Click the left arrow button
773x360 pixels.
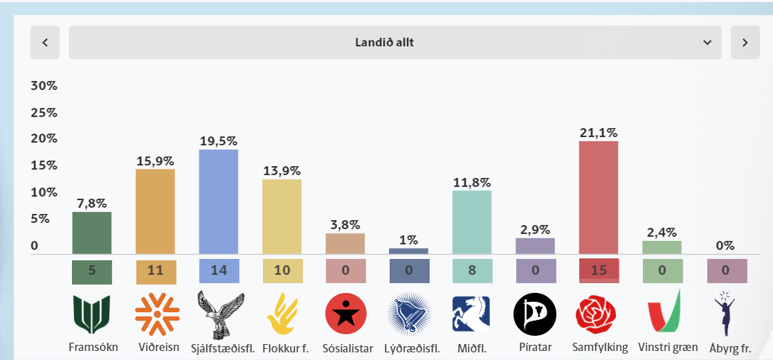point(45,42)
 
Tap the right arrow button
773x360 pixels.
point(745,42)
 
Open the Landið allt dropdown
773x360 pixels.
point(394,42)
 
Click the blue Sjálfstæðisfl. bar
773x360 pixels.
point(219,201)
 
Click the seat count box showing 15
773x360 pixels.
point(599,271)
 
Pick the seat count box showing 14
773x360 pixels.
point(219,271)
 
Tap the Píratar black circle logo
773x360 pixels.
point(535,314)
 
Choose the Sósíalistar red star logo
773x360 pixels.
point(345,314)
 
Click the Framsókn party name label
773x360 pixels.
point(92,348)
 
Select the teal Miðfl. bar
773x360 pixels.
point(472,222)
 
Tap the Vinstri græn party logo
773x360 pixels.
point(662,313)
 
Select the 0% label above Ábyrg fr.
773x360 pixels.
point(725,246)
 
